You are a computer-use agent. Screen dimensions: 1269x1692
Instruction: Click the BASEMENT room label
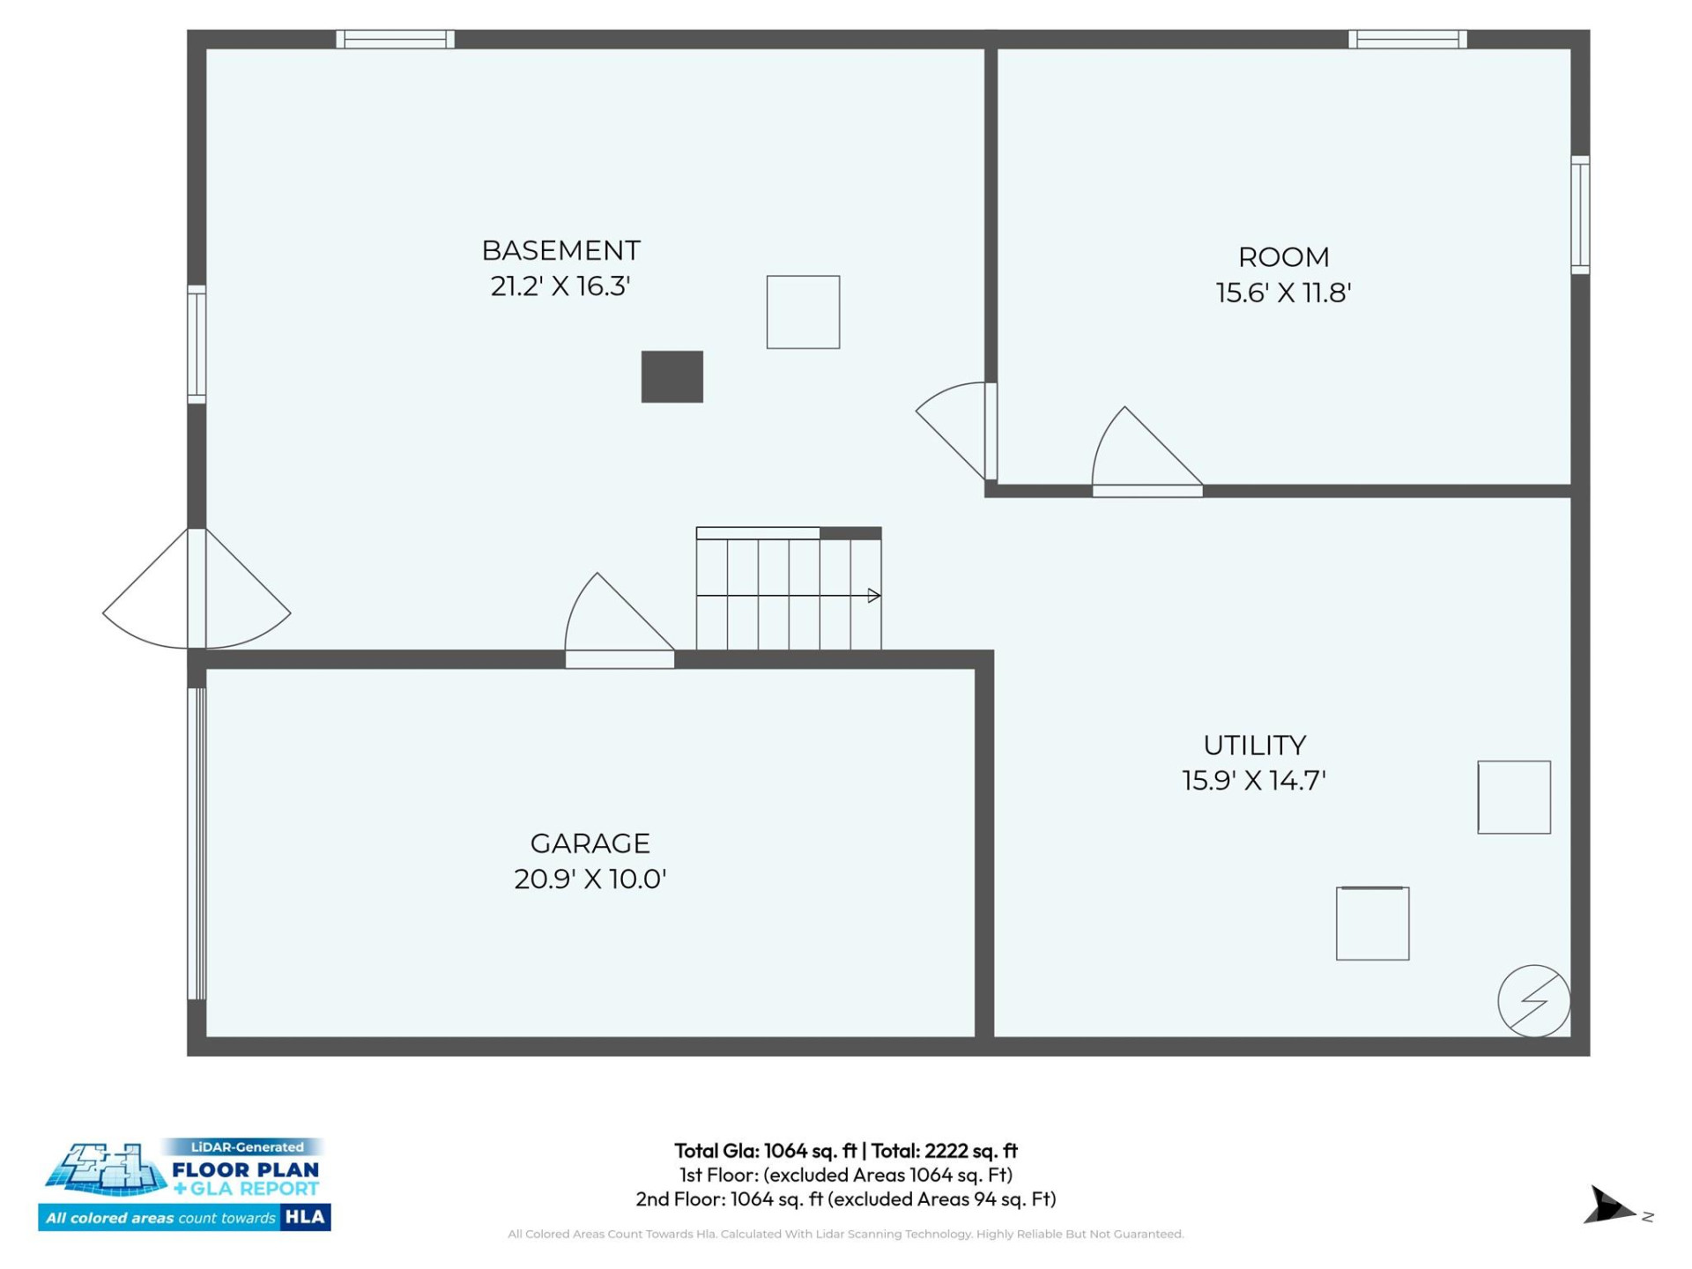coord(560,251)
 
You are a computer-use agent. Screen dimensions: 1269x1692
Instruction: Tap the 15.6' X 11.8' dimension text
coord(1283,293)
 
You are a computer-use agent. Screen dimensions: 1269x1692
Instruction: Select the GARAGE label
coord(590,843)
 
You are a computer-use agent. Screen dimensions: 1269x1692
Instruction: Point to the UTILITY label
coord(1254,746)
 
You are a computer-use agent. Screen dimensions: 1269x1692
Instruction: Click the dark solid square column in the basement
coord(672,377)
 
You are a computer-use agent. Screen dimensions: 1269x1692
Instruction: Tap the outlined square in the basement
coord(803,312)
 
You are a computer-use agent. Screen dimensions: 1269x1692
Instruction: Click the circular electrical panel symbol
coord(1533,1001)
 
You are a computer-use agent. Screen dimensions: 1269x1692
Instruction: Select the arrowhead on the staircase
coord(873,596)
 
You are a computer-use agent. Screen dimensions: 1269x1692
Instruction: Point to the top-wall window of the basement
coord(395,39)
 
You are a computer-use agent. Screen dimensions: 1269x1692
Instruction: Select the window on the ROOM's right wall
coord(1580,215)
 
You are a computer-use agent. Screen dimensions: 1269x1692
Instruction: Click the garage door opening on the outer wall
coord(197,843)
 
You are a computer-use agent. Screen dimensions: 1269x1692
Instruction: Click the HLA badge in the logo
coord(305,1217)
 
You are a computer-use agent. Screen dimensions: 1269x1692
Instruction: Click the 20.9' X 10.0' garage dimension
coord(590,879)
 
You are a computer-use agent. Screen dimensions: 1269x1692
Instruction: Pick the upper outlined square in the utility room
coord(1513,797)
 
